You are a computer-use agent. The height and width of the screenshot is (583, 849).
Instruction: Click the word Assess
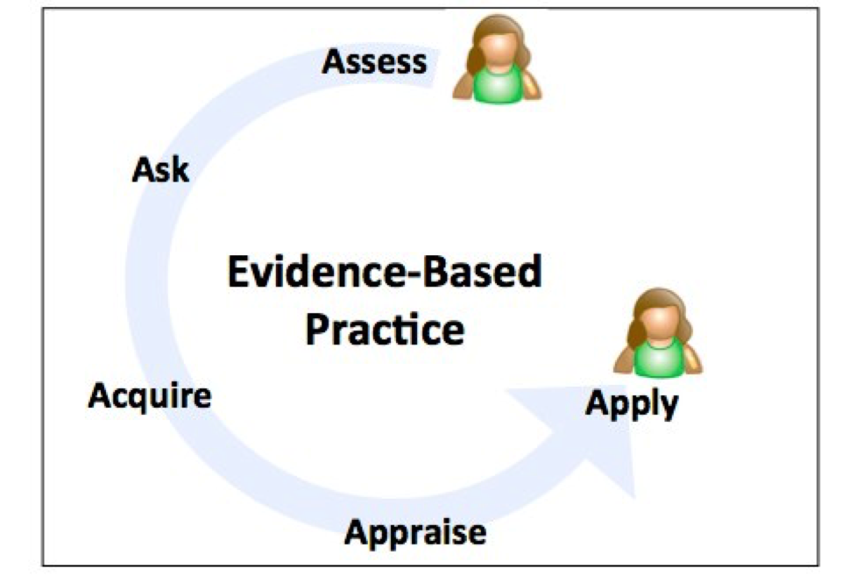point(374,61)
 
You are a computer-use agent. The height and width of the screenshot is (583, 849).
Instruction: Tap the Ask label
point(160,168)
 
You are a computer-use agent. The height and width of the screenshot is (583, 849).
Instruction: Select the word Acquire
point(150,396)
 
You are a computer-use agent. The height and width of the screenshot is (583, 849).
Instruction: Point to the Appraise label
point(414,531)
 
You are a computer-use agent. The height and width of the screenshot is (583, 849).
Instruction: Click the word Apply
point(632,404)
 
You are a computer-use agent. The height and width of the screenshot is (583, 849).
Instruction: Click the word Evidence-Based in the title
point(384,273)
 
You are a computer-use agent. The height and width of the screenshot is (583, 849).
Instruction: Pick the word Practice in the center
point(384,330)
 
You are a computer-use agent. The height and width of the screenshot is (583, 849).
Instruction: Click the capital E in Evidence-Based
point(238,273)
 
